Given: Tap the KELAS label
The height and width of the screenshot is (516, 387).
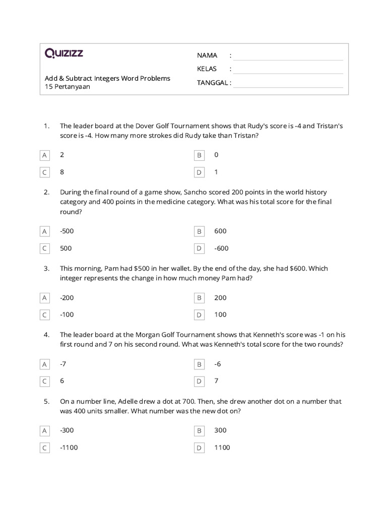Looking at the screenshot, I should (207, 69).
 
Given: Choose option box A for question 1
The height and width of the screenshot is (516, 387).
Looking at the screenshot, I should (45, 155).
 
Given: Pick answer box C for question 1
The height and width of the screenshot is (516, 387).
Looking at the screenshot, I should (45, 172).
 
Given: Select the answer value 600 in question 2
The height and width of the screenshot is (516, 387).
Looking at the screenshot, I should (220, 231).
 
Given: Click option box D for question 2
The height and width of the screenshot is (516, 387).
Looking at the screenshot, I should (199, 248).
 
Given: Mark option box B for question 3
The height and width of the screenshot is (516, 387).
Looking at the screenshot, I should (199, 298).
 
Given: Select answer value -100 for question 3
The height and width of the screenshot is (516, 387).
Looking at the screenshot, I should (67, 315).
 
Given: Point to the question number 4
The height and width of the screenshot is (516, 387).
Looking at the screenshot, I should (46, 335).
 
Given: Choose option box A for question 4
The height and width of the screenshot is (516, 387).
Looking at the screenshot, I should (45, 364).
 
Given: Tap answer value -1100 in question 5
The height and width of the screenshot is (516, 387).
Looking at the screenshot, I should (69, 447).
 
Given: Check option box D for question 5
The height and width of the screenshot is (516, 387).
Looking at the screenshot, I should (199, 447).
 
